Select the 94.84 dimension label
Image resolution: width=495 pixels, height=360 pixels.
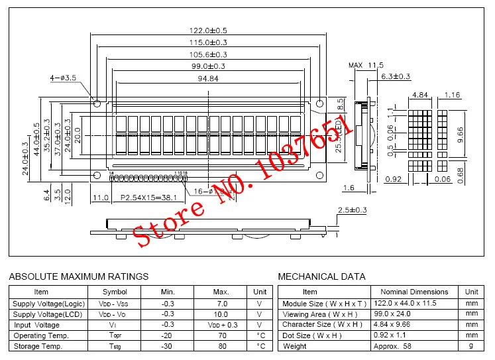click(209, 79)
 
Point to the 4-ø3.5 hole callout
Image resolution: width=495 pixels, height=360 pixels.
click(64, 78)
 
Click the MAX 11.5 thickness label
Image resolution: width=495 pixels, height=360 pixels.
click(366, 65)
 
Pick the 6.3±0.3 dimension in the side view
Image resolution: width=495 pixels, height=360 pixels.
click(396, 77)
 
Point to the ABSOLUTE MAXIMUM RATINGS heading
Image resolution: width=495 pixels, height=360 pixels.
click(78, 276)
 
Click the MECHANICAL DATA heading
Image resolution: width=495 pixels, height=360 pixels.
click(321, 276)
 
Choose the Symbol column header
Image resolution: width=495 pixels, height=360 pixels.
click(115, 292)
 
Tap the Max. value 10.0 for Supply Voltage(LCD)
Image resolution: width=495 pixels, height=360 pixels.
click(221, 314)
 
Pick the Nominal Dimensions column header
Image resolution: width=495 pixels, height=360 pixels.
click(414, 292)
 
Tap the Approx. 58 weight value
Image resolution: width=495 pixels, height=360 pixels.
click(398, 346)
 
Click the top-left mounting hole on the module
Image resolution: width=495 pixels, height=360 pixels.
click(97, 104)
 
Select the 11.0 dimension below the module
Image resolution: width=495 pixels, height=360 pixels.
click(101, 198)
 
